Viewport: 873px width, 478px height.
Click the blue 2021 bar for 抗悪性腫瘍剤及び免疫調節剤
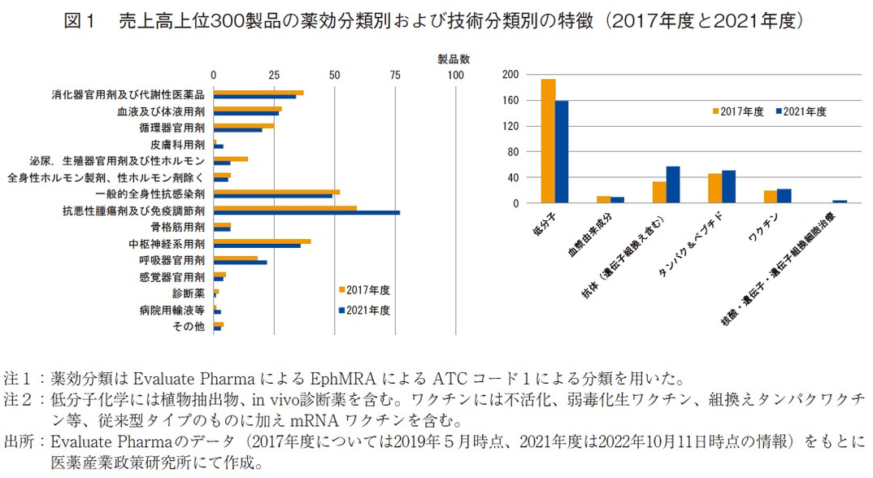point(306,213)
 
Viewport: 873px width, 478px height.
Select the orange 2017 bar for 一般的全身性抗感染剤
point(276,192)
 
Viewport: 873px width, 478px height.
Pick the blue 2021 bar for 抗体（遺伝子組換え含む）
point(673,185)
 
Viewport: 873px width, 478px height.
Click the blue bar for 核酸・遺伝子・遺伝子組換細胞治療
point(840,202)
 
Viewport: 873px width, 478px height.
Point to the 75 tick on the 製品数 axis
point(395,75)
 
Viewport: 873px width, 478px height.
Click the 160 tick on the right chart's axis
point(510,101)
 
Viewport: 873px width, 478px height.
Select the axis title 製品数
point(454,59)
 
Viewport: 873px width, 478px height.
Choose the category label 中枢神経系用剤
point(166,243)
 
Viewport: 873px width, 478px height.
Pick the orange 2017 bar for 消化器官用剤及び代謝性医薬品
point(258,93)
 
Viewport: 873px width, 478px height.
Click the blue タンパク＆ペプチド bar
point(728,187)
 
